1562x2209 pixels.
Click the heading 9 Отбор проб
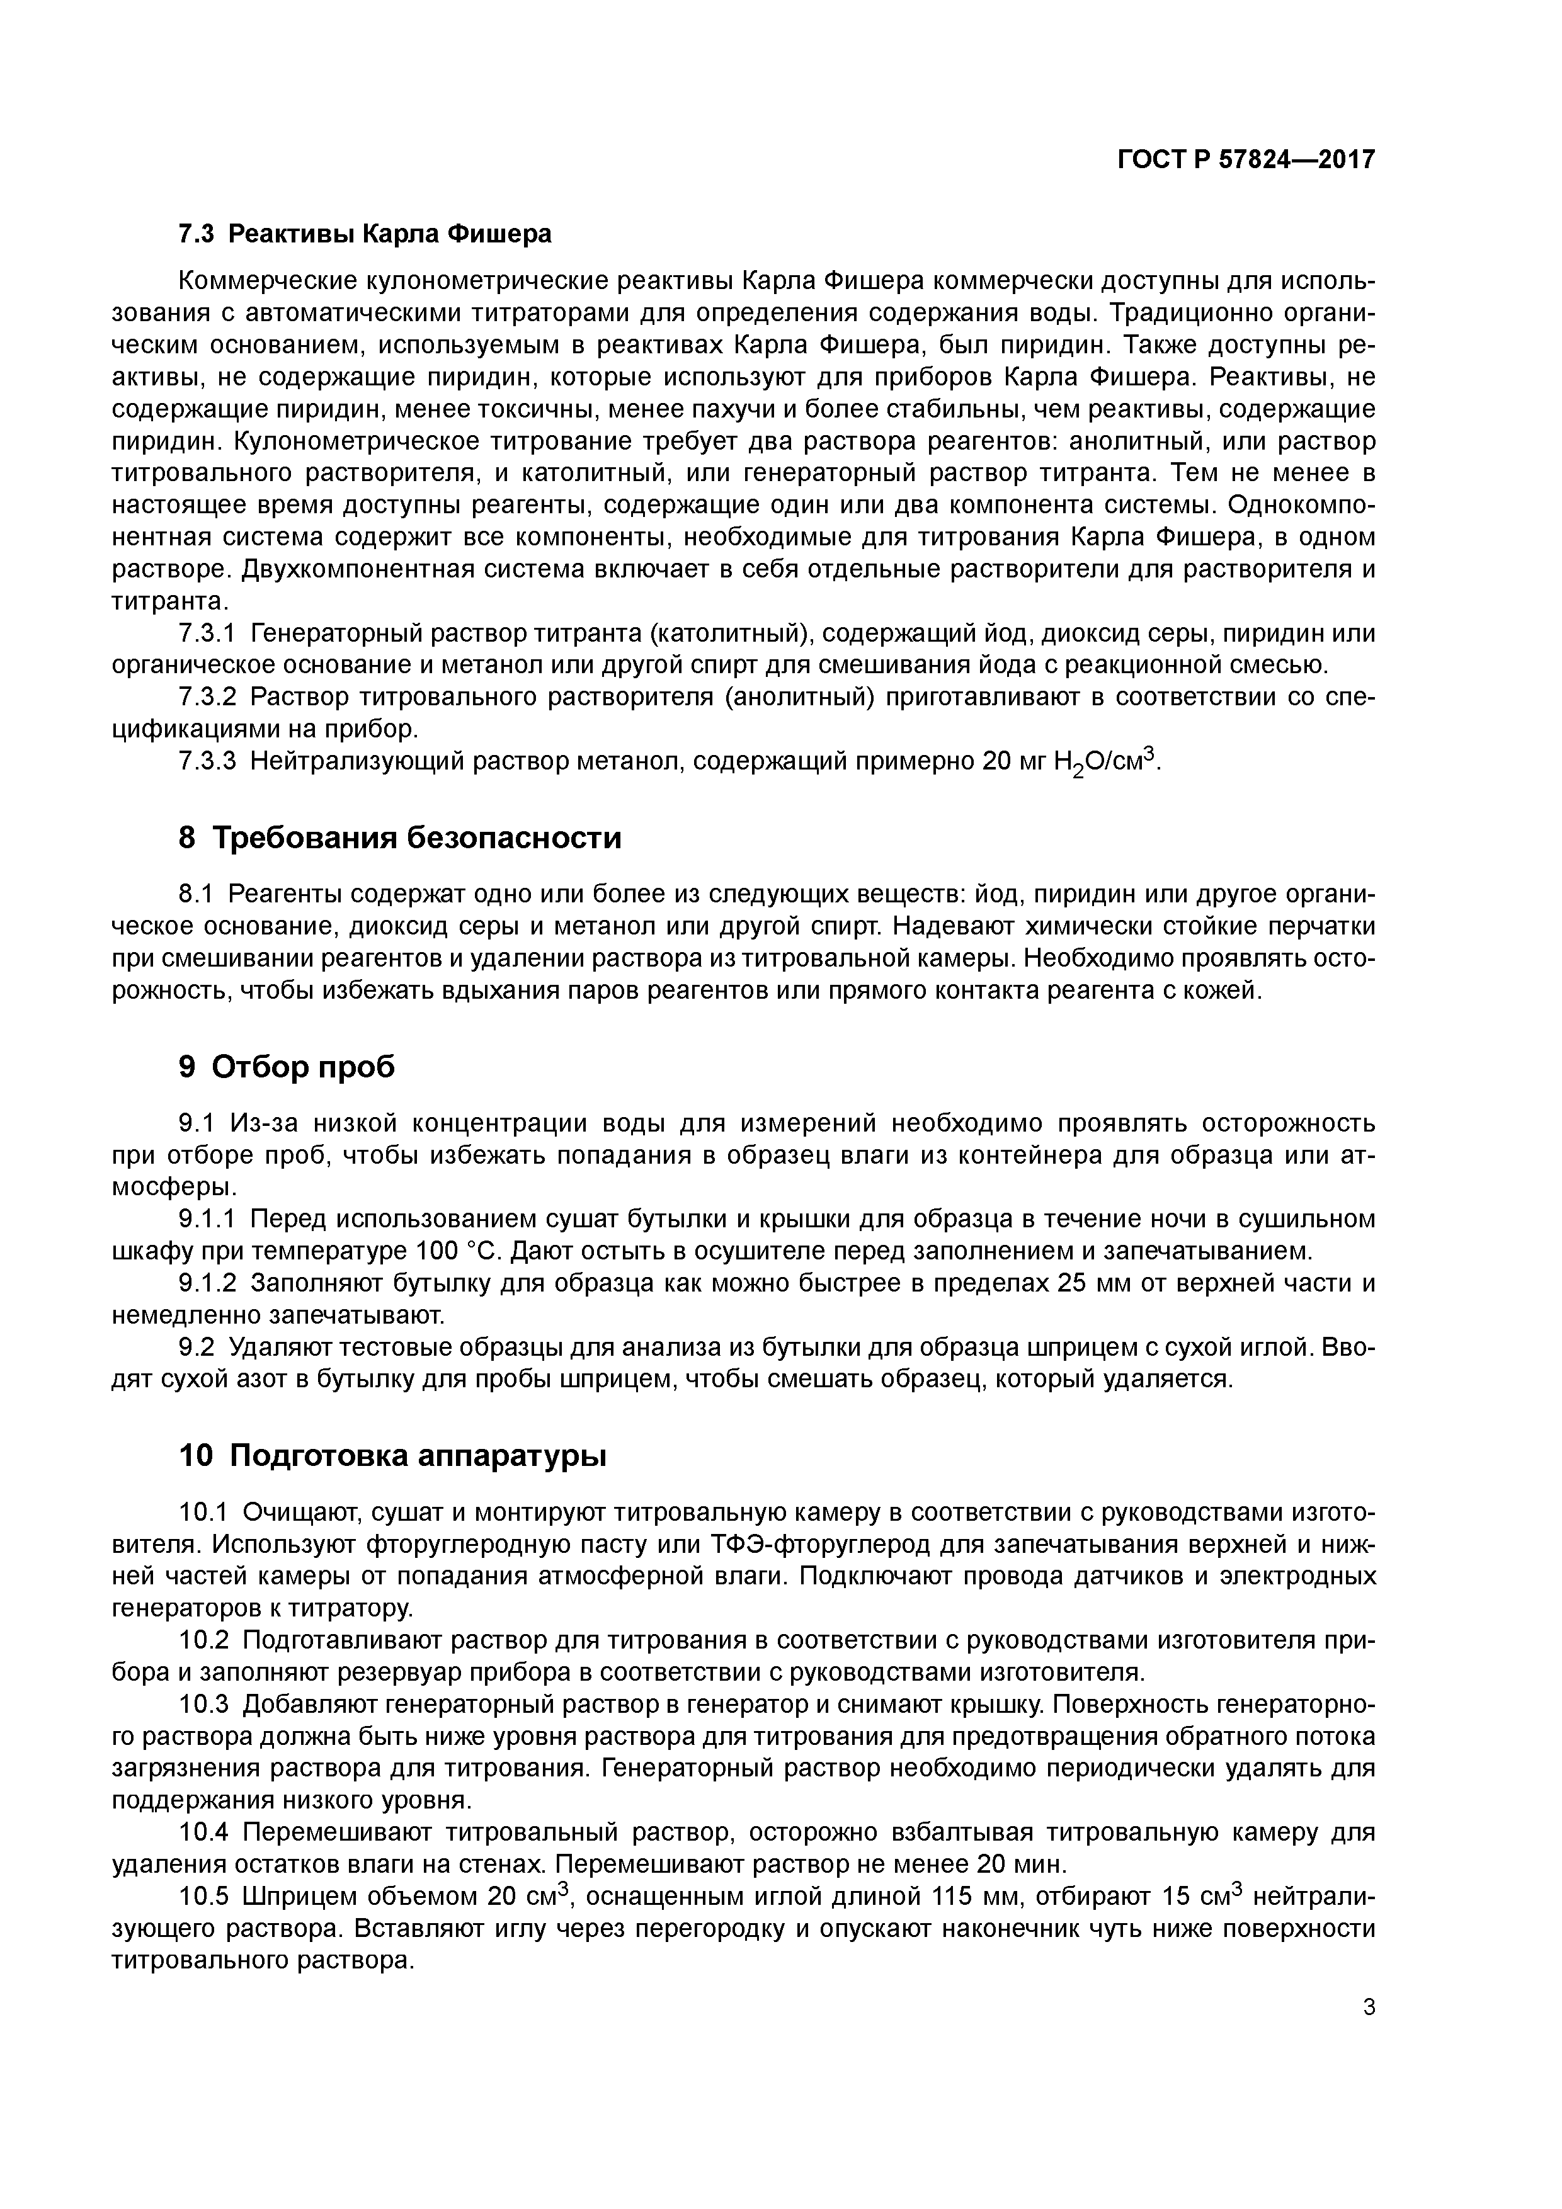tap(287, 1066)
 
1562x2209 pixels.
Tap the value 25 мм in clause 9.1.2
tap(1097, 1283)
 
